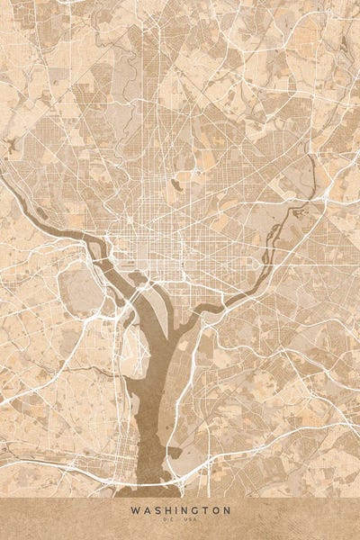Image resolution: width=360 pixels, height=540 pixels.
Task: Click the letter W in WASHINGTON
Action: tap(133, 510)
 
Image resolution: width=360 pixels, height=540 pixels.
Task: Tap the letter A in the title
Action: tap(145, 510)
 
